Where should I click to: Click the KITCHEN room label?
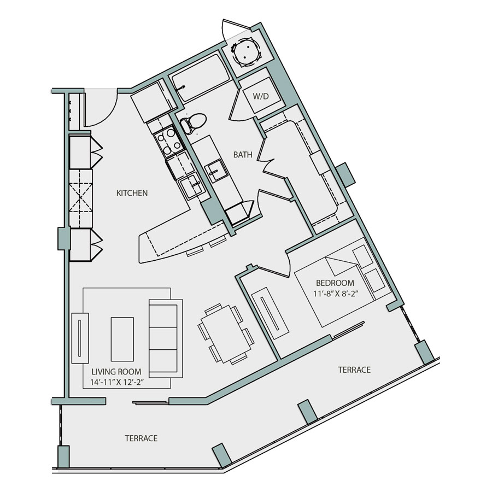(x=132, y=192)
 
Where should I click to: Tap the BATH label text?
(x=243, y=154)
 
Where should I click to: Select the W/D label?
(x=261, y=96)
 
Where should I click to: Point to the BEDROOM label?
(x=335, y=283)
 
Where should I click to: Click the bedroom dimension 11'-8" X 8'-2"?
(x=336, y=294)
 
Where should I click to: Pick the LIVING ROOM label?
(x=116, y=372)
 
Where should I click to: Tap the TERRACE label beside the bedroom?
(x=354, y=370)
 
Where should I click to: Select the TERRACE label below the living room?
(x=141, y=438)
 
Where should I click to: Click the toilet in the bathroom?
(x=192, y=122)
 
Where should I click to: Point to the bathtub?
(x=200, y=78)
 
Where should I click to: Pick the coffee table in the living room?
(x=122, y=339)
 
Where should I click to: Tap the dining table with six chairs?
(x=226, y=334)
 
